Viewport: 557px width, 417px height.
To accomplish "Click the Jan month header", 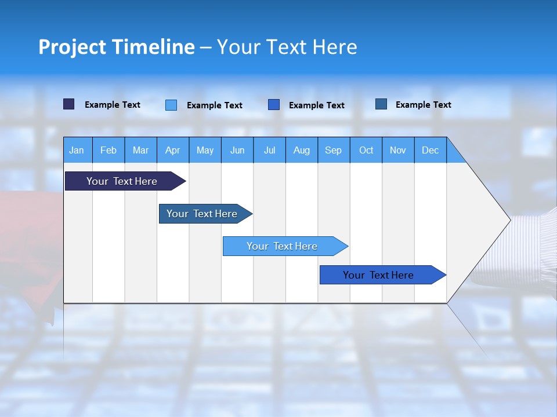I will click(x=77, y=150).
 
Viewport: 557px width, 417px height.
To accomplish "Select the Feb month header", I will click(x=108, y=150).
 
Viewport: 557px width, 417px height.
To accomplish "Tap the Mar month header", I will click(x=141, y=150).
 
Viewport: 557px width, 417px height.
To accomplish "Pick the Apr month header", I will click(x=173, y=150).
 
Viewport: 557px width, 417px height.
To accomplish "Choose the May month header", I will click(x=205, y=150).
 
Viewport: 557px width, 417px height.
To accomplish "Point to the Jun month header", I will click(x=237, y=150).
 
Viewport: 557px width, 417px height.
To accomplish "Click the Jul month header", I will click(x=269, y=150).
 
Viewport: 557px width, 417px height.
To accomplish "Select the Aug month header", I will click(x=302, y=150).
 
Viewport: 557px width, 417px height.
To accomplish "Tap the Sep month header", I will click(x=334, y=150).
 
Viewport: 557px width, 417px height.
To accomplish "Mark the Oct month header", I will click(x=366, y=150).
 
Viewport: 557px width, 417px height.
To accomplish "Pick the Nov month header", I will click(x=398, y=150).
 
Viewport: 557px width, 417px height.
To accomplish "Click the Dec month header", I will click(x=431, y=150).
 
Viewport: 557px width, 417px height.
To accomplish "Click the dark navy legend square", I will click(x=69, y=104).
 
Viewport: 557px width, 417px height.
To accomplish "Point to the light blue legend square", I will click(x=171, y=105).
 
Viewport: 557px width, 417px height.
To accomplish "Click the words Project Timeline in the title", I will click(x=117, y=47).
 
